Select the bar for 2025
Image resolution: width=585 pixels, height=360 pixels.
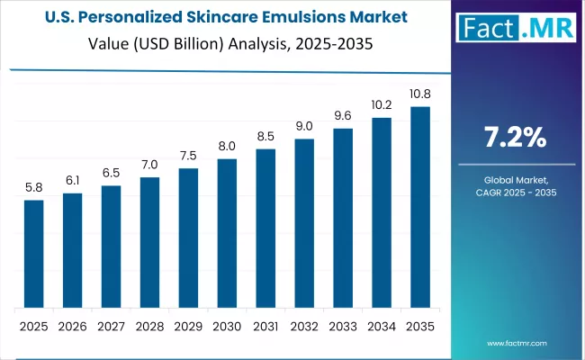click(33, 253)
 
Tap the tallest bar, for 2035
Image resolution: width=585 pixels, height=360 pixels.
click(420, 206)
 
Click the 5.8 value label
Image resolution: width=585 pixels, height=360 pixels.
click(33, 188)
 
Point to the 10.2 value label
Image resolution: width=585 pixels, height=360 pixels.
click(382, 105)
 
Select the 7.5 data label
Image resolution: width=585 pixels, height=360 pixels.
click(188, 155)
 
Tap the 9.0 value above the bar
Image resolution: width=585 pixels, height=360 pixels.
click(304, 126)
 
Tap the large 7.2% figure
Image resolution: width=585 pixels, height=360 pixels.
click(515, 138)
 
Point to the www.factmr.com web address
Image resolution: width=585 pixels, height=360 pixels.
click(518, 344)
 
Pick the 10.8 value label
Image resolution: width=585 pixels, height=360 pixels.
click(420, 94)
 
